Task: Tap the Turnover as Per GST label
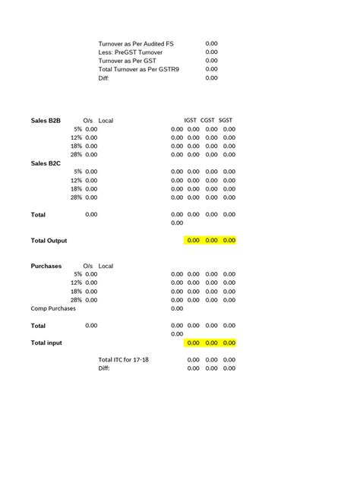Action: [x=128, y=60]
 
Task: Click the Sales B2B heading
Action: [x=46, y=121]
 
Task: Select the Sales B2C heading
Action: [x=46, y=163]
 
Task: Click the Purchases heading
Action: [x=46, y=266]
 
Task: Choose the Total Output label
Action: [x=49, y=241]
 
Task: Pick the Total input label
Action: [x=46, y=343]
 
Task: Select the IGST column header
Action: [x=190, y=121]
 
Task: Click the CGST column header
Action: [x=208, y=121]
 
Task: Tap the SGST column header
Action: [x=226, y=121]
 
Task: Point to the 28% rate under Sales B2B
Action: [x=76, y=154]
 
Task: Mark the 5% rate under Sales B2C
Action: [x=77, y=172]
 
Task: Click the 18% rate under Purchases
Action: [x=76, y=292]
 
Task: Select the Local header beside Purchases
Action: [x=106, y=266]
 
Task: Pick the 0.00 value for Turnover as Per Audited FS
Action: [x=211, y=43]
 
